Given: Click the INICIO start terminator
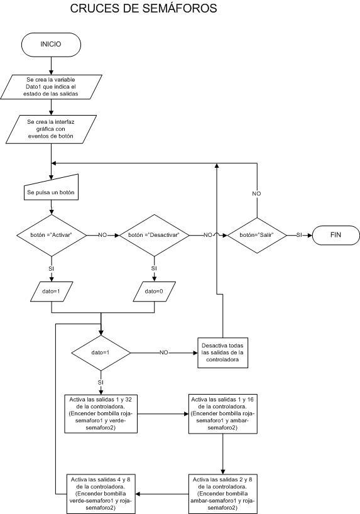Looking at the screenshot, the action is point(51,44).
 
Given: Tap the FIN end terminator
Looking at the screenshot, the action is point(335,235).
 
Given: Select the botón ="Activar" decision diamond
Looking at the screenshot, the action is point(52,236).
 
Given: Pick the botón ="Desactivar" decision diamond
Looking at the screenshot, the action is point(154,236).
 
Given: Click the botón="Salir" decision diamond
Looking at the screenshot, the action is point(257,236).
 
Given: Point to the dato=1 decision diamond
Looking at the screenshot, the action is point(101,353).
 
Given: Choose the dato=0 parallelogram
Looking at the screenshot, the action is point(154,292).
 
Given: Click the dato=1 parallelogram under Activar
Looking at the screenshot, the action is point(52,292).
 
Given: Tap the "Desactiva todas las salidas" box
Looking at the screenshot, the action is point(222,353).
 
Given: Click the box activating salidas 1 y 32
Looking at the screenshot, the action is point(101,413).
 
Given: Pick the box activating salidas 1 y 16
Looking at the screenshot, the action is point(222,413).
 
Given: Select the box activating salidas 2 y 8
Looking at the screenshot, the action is point(222,494).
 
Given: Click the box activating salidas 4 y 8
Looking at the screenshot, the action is point(101,494).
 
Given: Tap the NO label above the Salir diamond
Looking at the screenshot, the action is point(257,194).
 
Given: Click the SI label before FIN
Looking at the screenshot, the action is point(299,235).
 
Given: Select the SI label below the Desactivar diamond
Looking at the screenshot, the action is point(154,268).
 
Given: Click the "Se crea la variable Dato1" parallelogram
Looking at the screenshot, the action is point(51,87).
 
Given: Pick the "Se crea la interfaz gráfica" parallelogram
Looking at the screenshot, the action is point(51,129).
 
